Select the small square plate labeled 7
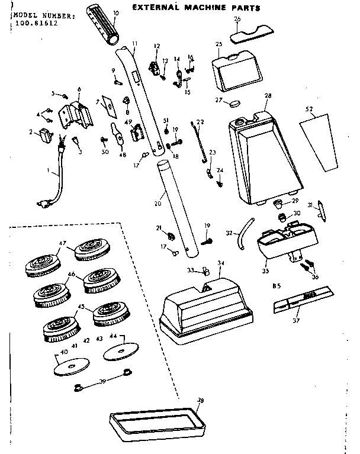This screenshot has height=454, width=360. pyautogui.click(x=108, y=106)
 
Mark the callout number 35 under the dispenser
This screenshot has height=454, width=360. pyautogui.click(x=265, y=271)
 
